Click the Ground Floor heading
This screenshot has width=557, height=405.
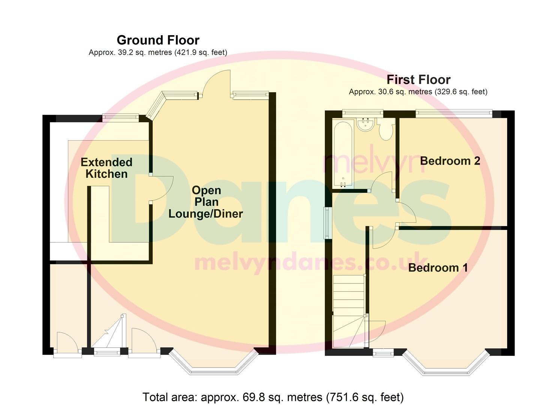pos(158,40)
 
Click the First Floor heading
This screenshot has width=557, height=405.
pos(419,80)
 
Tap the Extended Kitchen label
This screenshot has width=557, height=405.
pos(107,168)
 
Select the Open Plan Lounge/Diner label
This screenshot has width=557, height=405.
pos(206,202)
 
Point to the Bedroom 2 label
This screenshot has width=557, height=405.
pos(450,161)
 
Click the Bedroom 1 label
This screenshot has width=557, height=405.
pos(438,268)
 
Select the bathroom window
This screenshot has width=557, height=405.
pos(363,113)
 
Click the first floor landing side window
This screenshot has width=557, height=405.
pos(327,223)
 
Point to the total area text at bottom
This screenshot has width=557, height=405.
pos(273,397)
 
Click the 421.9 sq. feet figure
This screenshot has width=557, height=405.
pos(200,52)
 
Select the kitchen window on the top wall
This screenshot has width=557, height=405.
pos(121,117)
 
